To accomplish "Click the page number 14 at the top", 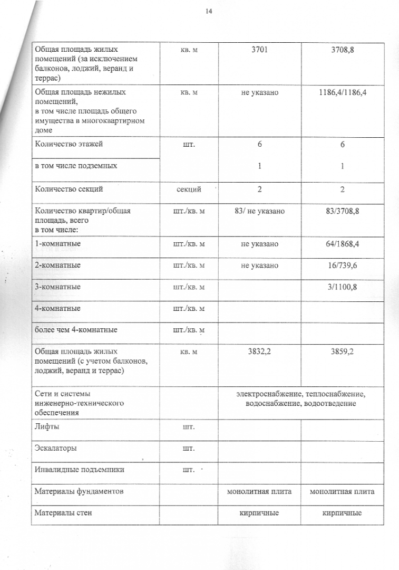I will click(x=209, y=11).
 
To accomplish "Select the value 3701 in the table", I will click(x=259, y=49).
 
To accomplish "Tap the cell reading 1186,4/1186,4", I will click(x=342, y=92).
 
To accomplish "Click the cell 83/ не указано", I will click(x=259, y=211).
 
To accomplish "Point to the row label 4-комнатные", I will click(x=57, y=308).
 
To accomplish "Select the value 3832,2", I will click(x=259, y=351).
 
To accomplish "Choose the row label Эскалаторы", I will click(x=55, y=448).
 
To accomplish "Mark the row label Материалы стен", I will click(x=63, y=512).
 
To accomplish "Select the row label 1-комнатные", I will click(x=57, y=244).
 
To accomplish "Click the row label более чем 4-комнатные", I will click(x=75, y=330).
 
